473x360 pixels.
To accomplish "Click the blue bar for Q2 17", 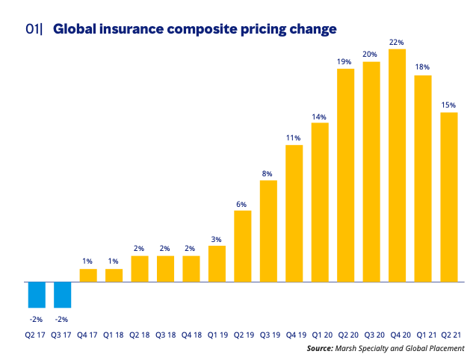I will tap(37, 295).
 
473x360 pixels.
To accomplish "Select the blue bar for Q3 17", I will tap(62, 295).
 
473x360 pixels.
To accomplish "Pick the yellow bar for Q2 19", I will tap(243, 246).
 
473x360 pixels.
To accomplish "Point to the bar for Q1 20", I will tap(320, 202).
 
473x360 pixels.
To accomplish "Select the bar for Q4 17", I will tap(88, 276).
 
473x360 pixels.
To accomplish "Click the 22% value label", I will tap(397, 42).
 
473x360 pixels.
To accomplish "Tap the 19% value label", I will tap(345, 61).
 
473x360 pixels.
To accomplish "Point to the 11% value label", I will tap(294, 137).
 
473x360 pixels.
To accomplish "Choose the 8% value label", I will tap(268, 173).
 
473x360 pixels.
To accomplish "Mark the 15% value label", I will tap(448, 105).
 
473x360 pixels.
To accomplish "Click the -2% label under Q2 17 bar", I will tap(37, 319).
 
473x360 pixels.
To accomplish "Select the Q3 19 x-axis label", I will tap(268, 335).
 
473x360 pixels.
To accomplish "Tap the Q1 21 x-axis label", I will tap(423, 335).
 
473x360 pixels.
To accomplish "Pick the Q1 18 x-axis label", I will tap(114, 335).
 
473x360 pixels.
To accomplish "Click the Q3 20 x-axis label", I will tap(371, 335).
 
